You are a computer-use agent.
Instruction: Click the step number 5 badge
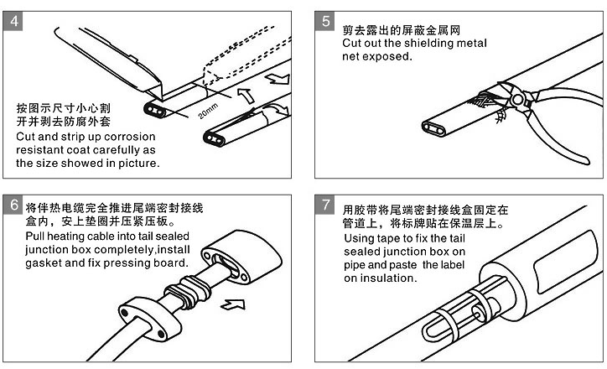(326, 21)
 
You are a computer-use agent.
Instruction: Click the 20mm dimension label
(208, 109)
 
